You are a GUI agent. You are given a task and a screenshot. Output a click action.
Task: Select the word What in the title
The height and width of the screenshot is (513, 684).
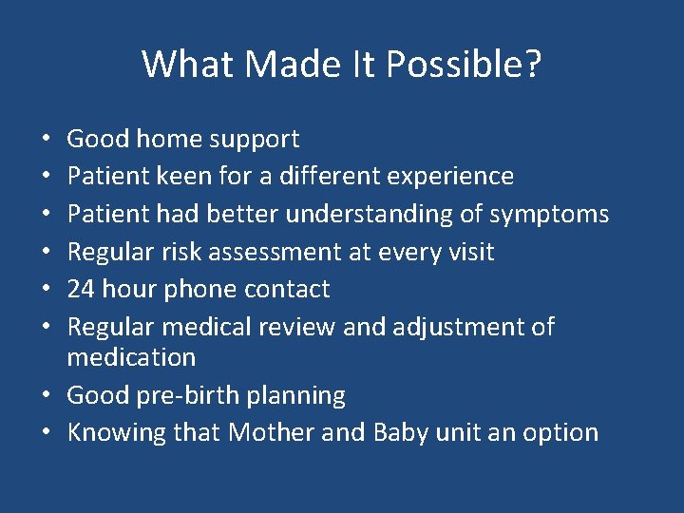click(187, 65)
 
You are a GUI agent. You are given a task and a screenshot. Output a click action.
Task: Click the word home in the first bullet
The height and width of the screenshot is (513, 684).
click(164, 139)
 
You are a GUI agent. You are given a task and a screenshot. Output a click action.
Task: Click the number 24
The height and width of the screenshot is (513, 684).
click(82, 289)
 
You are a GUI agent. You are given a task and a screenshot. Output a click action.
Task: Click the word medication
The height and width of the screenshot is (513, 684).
click(131, 357)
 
